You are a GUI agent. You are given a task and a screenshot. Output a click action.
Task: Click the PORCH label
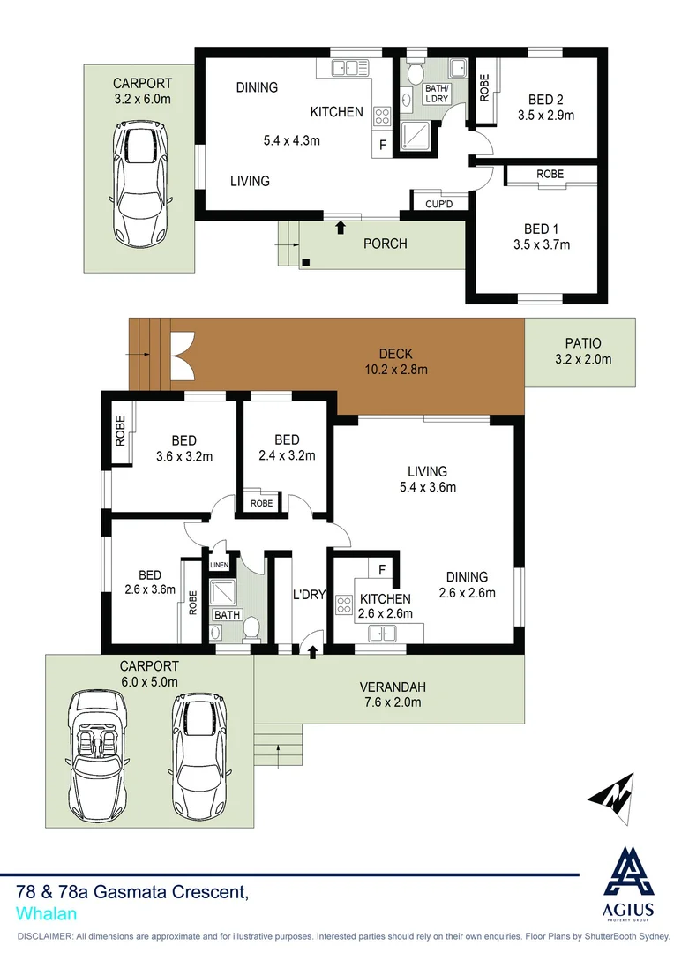tap(386, 243)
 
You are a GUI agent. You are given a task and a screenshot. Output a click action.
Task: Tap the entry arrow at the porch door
tap(341, 228)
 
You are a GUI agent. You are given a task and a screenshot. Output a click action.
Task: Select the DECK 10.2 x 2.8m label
tap(397, 362)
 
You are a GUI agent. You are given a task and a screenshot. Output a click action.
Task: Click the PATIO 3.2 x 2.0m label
tap(582, 350)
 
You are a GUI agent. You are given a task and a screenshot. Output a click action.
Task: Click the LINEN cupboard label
tap(219, 565)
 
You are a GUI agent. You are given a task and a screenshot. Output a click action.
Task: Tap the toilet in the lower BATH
tap(251, 628)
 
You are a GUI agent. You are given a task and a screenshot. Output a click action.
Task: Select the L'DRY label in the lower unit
tap(310, 595)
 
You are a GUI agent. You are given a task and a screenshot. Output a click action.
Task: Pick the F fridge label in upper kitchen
tap(382, 145)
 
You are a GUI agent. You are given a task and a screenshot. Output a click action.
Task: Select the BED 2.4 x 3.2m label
tap(287, 447)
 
